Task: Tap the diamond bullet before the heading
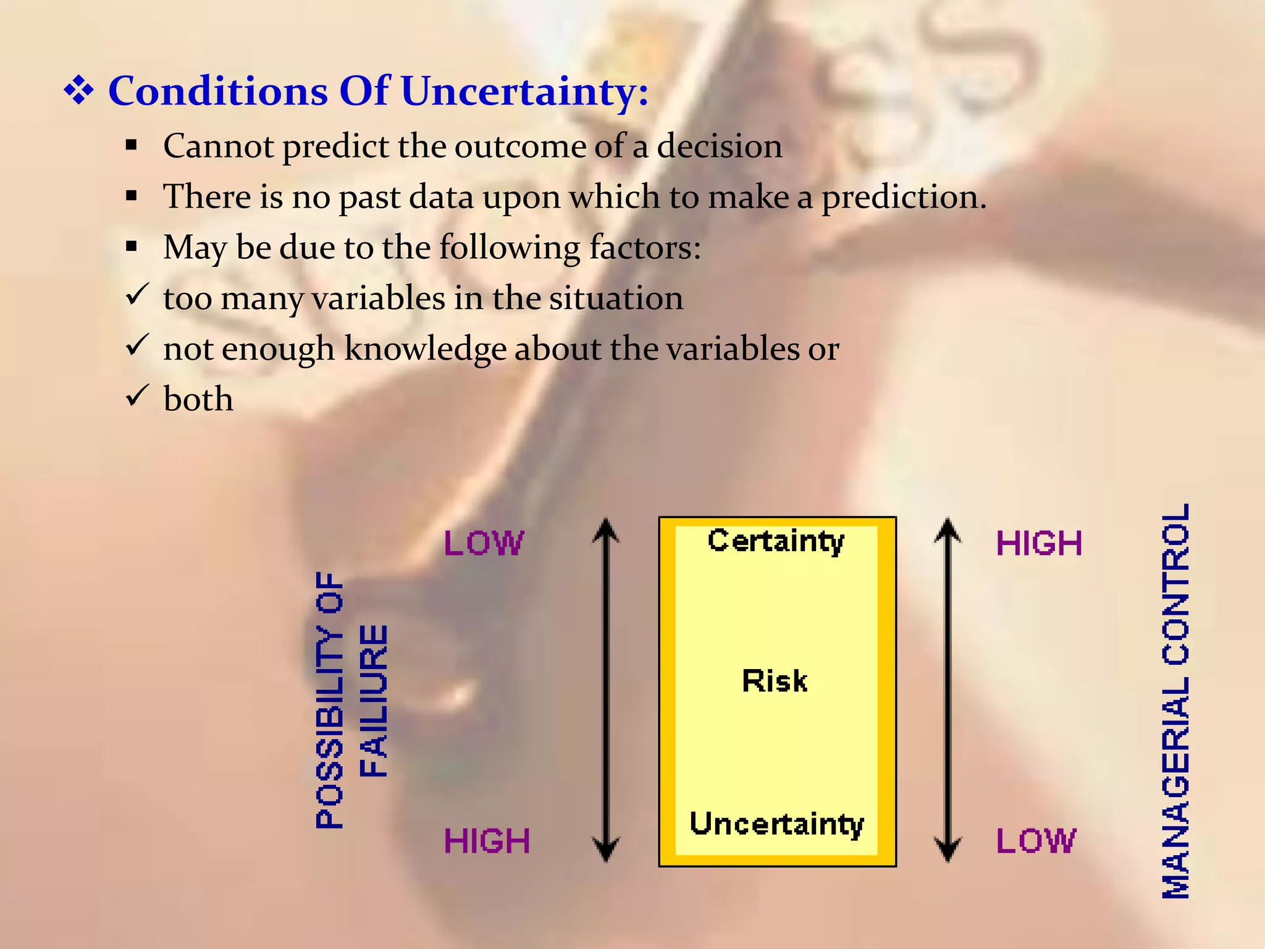pyautogui.click(x=79, y=91)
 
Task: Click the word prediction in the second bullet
pyautogui.click(x=903, y=198)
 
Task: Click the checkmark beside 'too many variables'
pyautogui.click(x=137, y=294)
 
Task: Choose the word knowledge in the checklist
pyautogui.click(x=426, y=349)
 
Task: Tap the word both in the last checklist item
pyautogui.click(x=198, y=399)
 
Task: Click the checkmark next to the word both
pyautogui.click(x=137, y=395)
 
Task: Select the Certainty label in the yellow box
pyautogui.click(x=776, y=541)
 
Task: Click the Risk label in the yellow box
pyautogui.click(x=775, y=681)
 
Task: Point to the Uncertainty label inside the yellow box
pyautogui.click(x=776, y=824)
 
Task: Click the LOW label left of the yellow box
pyautogui.click(x=484, y=544)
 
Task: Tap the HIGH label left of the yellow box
pyautogui.click(x=487, y=841)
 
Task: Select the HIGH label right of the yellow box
pyautogui.click(x=1039, y=544)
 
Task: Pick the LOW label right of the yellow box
pyautogui.click(x=1036, y=841)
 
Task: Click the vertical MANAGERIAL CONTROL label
pyautogui.click(x=1175, y=701)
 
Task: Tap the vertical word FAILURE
pyautogui.click(x=374, y=701)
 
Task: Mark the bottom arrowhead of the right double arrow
pyautogui.click(x=948, y=850)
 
